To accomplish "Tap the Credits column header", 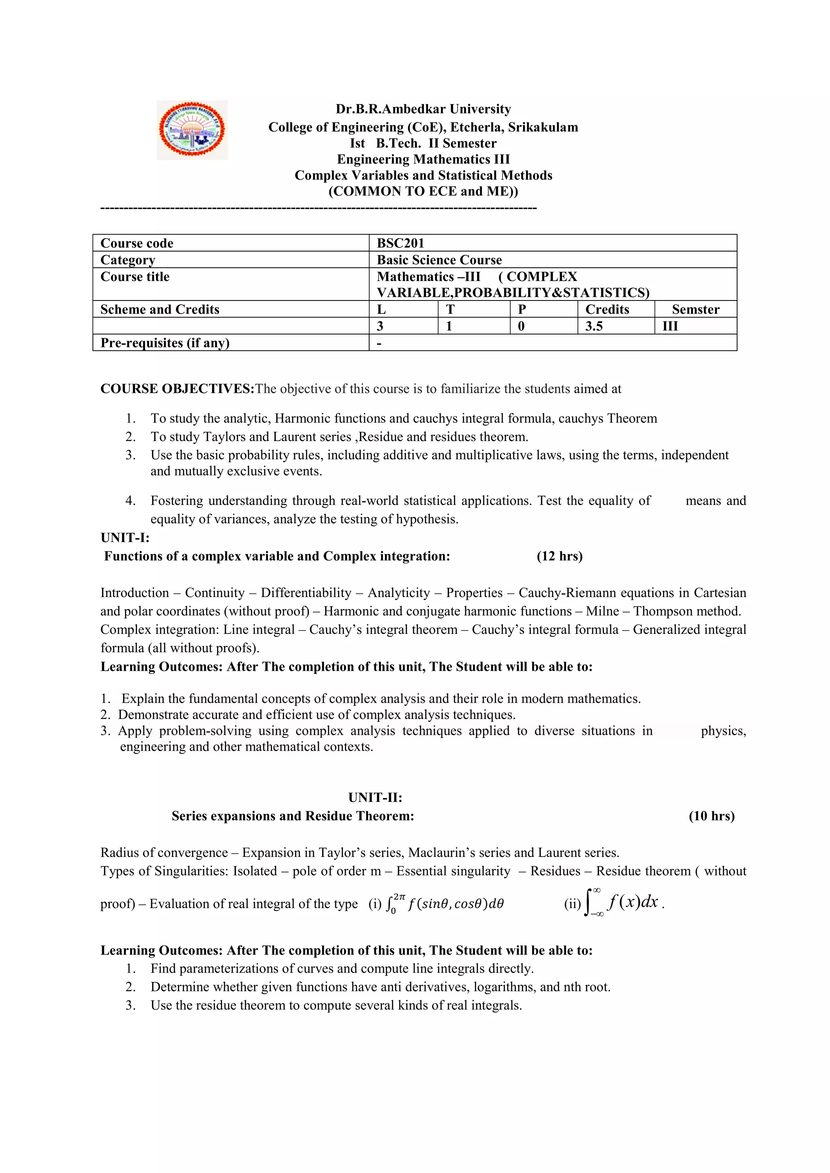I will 607,309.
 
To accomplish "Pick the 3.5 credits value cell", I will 593,326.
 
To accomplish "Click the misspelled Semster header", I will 695,309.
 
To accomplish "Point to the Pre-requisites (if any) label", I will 165,343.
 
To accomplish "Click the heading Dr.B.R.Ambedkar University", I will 423,109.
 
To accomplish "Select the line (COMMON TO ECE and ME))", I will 423,192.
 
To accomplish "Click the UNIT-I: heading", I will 125,537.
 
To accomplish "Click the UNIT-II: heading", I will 375,798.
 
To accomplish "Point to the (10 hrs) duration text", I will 711,816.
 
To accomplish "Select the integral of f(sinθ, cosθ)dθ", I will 445,904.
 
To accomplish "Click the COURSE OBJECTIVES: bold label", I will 177,389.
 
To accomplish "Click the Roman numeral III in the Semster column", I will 670,326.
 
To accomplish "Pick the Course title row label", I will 135,277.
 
